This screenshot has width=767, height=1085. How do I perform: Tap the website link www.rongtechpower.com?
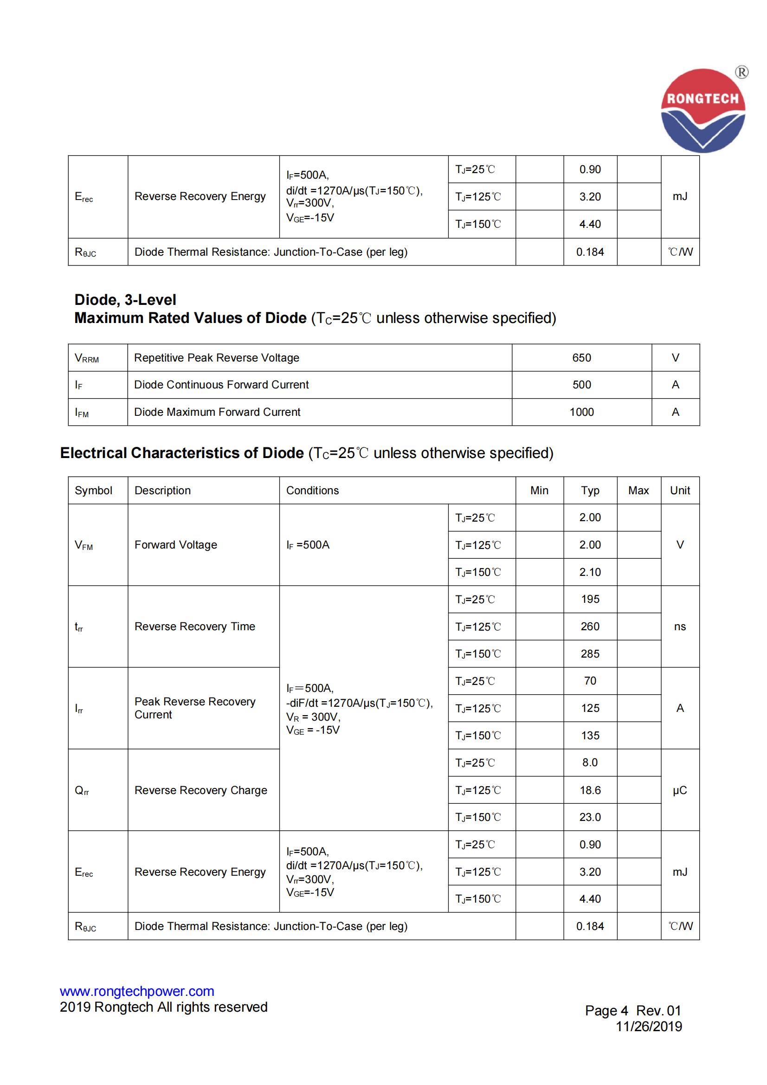click(x=136, y=991)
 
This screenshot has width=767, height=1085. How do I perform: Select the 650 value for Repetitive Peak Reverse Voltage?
click(x=581, y=358)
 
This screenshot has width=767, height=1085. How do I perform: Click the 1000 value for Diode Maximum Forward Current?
click(x=581, y=412)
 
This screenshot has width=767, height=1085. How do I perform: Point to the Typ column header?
click(x=590, y=491)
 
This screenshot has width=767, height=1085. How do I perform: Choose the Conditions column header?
click(x=312, y=491)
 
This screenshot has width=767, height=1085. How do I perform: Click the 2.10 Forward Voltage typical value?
click(x=590, y=572)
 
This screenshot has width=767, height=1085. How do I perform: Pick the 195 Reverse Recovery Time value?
click(x=590, y=599)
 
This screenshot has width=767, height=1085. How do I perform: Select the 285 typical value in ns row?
click(x=590, y=653)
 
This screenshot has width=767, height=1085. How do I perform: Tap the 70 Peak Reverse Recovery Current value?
click(x=590, y=681)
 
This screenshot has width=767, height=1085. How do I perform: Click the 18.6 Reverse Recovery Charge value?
click(x=590, y=790)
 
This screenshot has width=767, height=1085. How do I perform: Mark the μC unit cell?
click(x=680, y=790)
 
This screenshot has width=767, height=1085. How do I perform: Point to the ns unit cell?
click(x=680, y=626)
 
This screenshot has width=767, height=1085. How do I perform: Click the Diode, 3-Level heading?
click(x=125, y=300)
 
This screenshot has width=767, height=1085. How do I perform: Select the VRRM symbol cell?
click(x=87, y=358)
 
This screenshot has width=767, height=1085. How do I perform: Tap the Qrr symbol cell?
click(x=82, y=791)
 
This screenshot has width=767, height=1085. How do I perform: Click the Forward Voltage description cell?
click(x=176, y=545)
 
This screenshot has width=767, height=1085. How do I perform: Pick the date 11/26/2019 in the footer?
click(x=648, y=1027)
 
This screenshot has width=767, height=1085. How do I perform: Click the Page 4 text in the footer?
click(x=606, y=1011)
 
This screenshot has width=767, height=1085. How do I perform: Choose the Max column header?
click(x=638, y=491)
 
